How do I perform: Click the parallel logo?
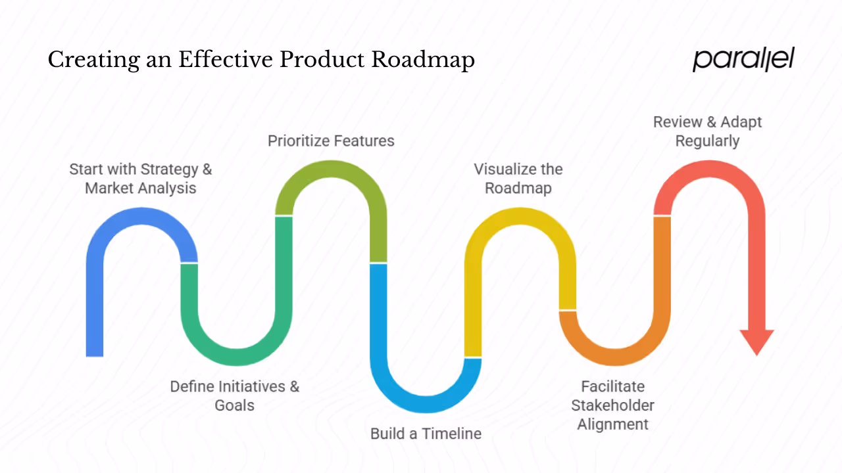743,59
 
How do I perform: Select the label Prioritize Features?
331,141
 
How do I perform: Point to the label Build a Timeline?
426,434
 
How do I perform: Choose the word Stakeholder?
612,405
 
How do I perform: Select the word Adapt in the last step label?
741,122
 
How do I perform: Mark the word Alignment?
612,424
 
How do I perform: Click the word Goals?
234,405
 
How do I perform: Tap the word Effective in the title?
225,60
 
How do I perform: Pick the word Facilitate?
612,386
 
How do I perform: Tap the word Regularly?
707,141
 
